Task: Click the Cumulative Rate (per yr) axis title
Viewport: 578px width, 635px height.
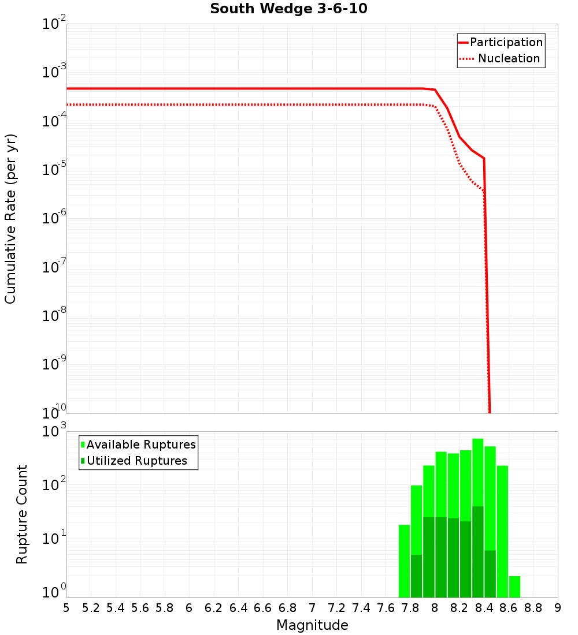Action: click(x=11, y=218)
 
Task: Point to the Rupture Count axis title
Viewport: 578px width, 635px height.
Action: click(x=22, y=514)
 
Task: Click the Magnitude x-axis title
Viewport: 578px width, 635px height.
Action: click(x=312, y=625)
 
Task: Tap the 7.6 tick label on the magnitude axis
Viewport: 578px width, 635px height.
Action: click(x=386, y=608)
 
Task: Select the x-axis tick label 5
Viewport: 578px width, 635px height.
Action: click(x=66, y=608)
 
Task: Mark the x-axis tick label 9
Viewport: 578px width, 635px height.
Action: click(x=558, y=608)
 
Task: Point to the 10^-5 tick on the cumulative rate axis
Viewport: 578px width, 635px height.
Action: click(x=55, y=170)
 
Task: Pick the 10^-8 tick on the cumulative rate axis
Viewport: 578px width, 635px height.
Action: click(x=55, y=316)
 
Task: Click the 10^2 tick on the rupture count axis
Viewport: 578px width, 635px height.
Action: click(x=55, y=485)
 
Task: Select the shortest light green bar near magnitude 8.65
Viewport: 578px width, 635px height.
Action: click(x=514, y=587)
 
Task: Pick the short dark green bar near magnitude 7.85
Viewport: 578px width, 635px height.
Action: click(x=417, y=576)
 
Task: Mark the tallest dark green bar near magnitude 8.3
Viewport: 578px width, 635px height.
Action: click(x=478, y=551)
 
